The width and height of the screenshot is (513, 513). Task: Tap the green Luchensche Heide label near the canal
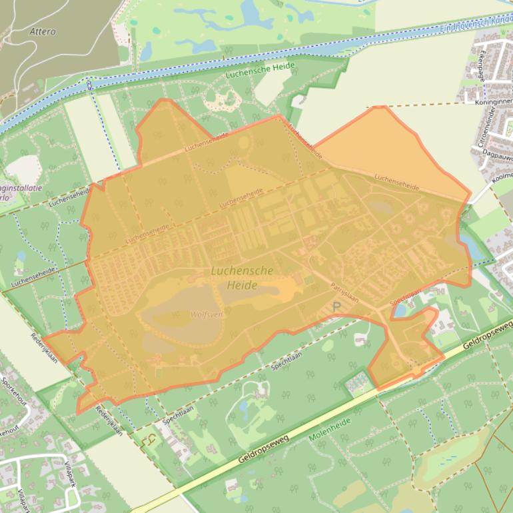click(255, 74)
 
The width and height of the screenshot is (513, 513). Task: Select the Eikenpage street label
click(478, 69)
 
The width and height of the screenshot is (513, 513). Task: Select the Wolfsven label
click(206, 314)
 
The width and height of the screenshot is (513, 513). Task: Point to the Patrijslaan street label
click(344, 292)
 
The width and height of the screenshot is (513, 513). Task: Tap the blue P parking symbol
click(336, 307)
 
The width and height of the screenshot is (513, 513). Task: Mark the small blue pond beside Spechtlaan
click(400, 309)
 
